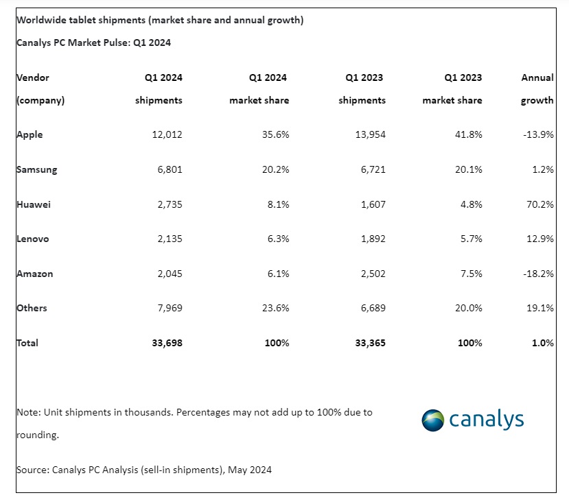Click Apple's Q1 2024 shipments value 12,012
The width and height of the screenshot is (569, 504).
pyautogui.click(x=167, y=134)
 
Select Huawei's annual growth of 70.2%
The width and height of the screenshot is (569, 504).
pyautogui.click(x=539, y=204)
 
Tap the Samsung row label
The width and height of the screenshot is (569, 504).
pyautogui.click(x=36, y=169)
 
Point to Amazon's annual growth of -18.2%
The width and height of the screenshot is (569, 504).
pyautogui.click(x=537, y=274)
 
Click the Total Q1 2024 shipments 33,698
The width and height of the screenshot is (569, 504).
pyautogui.click(x=167, y=343)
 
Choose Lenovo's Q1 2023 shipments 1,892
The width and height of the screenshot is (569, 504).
pyautogui.click(x=371, y=239)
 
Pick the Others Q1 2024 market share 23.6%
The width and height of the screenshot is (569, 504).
pyautogui.click(x=274, y=308)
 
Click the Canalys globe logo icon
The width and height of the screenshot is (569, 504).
pyautogui.click(x=433, y=420)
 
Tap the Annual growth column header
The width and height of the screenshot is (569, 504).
pyautogui.click(x=537, y=88)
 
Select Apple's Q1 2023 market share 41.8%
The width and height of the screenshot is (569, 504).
pyautogui.click(x=467, y=134)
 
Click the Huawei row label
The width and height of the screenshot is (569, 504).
pyautogui.click(x=34, y=204)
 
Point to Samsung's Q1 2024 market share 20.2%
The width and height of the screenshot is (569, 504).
pyautogui.click(x=274, y=169)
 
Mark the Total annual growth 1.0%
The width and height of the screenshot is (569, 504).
pyautogui.click(x=542, y=343)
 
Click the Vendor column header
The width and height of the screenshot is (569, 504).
pyautogui.click(x=33, y=78)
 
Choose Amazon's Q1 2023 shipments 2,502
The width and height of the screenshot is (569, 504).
pyautogui.click(x=371, y=274)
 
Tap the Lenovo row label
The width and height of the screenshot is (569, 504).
pyautogui.click(x=33, y=239)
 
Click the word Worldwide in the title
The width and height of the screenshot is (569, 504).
pyautogui.click(x=40, y=20)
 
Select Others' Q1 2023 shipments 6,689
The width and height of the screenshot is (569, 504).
pyautogui.click(x=371, y=308)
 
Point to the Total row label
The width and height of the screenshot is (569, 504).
pyautogui.click(x=27, y=343)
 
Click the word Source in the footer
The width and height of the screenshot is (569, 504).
pyautogui.click(x=32, y=470)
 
